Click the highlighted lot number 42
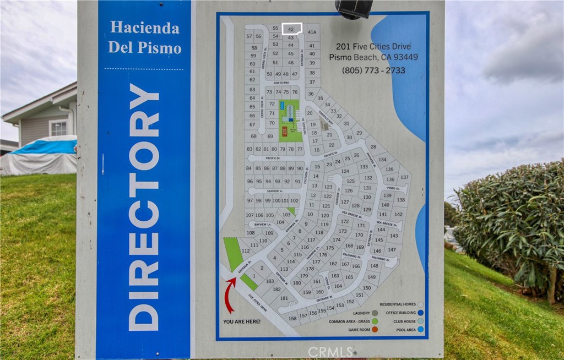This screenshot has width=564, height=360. [x=291, y=29]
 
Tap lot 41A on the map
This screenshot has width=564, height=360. [x=312, y=32]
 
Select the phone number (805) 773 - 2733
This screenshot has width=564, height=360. [x=373, y=70]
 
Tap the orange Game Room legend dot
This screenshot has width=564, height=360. [x=375, y=329]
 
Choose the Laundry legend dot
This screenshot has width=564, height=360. [x=375, y=313]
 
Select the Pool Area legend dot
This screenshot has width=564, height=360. [x=421, y=329]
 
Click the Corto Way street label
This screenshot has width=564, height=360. [x=281, y=83]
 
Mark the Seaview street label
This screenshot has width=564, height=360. [x=274, y=191]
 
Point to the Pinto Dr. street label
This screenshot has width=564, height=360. [x=393, y=188]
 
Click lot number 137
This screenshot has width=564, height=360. [x=404, y=177]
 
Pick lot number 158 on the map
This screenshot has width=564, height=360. [x=292, y=318]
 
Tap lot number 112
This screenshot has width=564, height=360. [x=246, y=251]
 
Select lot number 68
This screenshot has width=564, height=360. [x=254, y=136]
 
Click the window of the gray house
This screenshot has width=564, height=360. [x=58, y=128]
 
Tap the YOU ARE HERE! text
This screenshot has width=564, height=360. [x=242, y=321]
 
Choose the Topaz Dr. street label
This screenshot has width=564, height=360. [x=327, y=282]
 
